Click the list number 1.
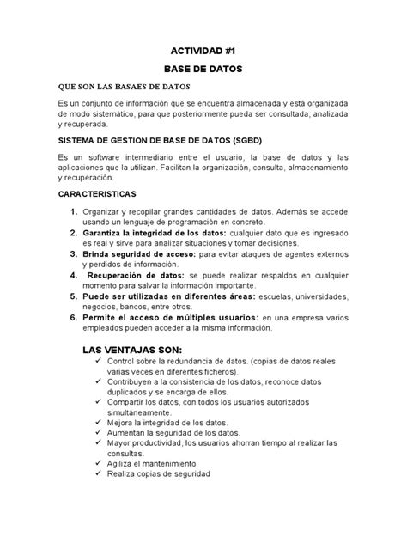pos(64,212)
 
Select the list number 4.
pos(64,275)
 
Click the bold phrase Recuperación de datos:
pos(136,275)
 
